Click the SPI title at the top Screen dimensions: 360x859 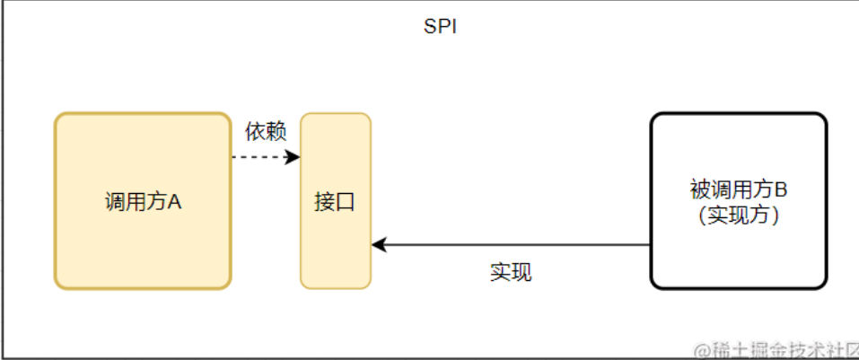(x=441, y=27)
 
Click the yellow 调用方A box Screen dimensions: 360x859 (x=143, y=200)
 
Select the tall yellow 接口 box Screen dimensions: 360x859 (x=335, y=200)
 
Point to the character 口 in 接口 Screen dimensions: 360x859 (x=346, y=202)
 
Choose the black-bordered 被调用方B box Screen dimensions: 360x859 (x=738, y=200)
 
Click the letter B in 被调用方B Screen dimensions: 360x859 (x=781, y=190)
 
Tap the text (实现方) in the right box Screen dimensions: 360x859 (x=738, y=215)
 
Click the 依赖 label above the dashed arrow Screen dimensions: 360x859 (x=266, y=131)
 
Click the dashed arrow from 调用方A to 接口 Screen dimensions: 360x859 (x=260, y=157)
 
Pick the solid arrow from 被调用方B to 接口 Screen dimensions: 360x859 (x=512, y=244)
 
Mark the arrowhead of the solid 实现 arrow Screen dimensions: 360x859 (x=379, y=244)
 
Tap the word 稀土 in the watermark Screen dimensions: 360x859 (x=728, y=348)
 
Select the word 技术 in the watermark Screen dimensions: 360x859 (x=793, y=348)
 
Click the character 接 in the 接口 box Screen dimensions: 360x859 (x=324, y=202)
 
